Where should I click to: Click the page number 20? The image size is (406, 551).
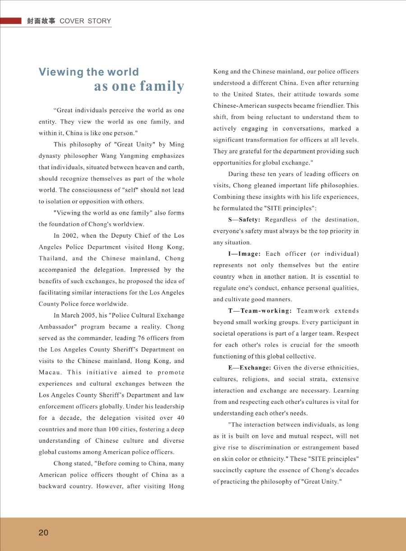[x=43, y=533]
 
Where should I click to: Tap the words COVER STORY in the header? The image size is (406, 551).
[x=85, y=21]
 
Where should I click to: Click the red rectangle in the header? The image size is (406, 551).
[x=11, y=21]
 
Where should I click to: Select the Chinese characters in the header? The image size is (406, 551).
[x=41, y=21]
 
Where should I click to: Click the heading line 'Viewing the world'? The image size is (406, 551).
[x=89, y=72]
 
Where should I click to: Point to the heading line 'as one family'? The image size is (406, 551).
[x=139, y=86]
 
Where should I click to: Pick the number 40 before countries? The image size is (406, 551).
[x=179, y=418]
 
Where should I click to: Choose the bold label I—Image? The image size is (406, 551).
[x=245, y=254]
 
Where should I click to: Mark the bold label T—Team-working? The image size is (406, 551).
[x=260, y=311]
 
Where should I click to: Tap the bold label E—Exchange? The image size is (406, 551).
[x=250, y=368]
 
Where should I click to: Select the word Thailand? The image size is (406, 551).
[x=52, y=259]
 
